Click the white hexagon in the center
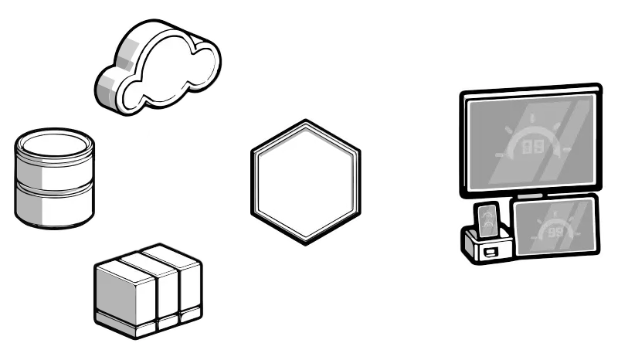pos(306,182)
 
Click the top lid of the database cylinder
pos(55,144)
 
